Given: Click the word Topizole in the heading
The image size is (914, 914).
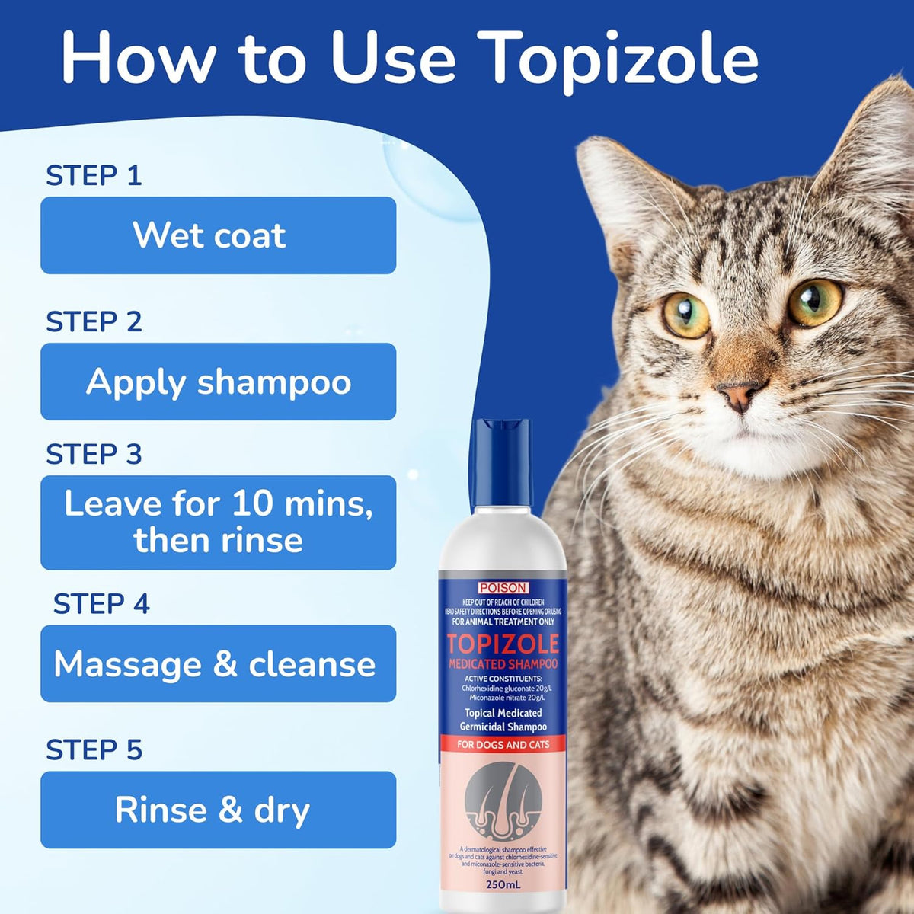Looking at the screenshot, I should click(622, 59).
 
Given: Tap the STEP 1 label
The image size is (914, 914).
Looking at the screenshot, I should click(94, 176).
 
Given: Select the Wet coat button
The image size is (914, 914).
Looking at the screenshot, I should click(218, 235).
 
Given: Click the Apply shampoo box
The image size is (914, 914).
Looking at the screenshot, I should click(218, 382).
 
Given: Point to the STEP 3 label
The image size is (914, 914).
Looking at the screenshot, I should click(94, 455).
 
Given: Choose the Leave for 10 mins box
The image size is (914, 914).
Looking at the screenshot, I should click(218, 523).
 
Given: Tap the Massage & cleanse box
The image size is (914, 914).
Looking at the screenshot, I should click(218, 664).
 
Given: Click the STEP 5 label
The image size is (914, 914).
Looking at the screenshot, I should click(94, 750).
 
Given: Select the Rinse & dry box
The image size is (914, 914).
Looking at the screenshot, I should click(218, 810).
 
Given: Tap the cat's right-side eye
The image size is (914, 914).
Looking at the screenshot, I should click(813, 302).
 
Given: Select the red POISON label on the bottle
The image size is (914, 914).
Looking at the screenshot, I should click(503, 587).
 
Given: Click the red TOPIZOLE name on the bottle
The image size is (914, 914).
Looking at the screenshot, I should click(503, 644).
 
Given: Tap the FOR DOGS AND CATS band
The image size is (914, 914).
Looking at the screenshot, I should click(503, 744).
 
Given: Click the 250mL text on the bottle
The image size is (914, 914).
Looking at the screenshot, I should click(503, 885).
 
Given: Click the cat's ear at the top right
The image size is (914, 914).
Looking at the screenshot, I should click(876, 145).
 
